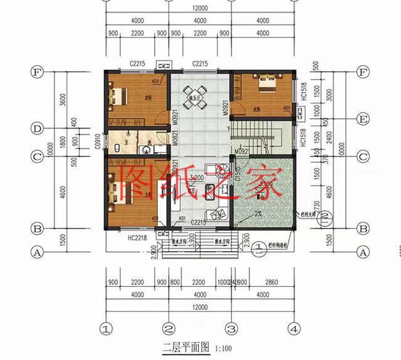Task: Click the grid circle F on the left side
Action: pyautogui.click(x=38, y=72)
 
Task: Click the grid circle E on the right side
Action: pyautogui.click(x=362, y=118)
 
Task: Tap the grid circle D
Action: pyautogui.click(x=38, y=128)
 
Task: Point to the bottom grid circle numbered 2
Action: pyautogui.click(x=169, y=327)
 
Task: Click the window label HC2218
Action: pyautogui.click(x=137, y=239)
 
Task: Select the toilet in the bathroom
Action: pyautogui.click(x=120, y=150)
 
